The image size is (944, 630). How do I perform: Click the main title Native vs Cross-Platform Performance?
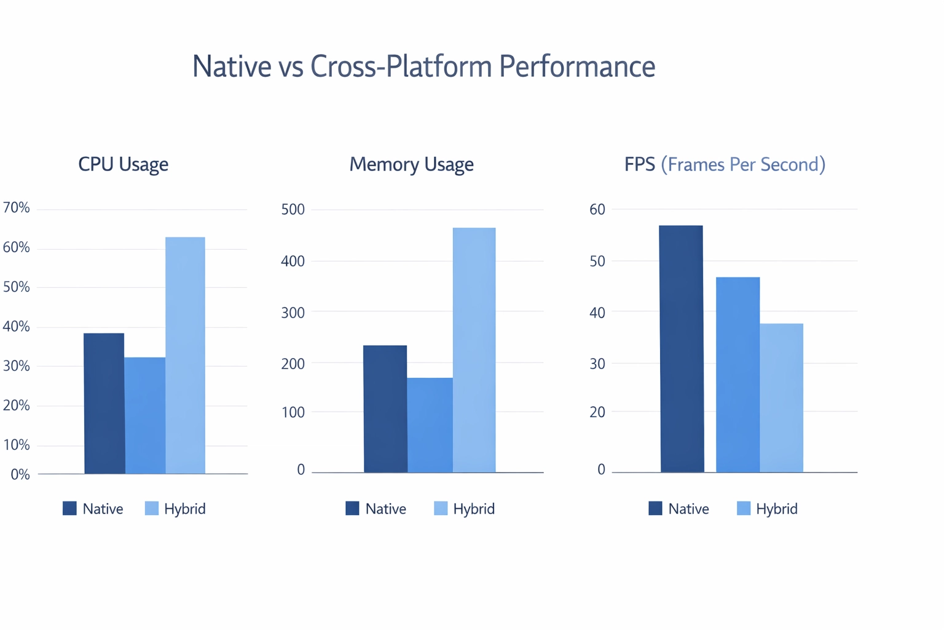pos(423,66)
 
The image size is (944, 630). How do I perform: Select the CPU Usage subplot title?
pos(123,164)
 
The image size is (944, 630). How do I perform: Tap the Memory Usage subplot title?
pos(411,164)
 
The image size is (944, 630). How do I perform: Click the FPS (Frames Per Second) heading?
pos(725,164)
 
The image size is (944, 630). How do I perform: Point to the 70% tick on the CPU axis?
pos(17,208)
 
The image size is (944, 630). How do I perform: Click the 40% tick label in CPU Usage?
pos(17,327)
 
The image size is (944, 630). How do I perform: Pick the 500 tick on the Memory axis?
pos(293,210)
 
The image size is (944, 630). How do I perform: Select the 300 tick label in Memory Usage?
pos(293,313)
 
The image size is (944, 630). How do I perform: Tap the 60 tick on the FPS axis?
pos(597,210)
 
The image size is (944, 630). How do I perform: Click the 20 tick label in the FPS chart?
pos(597,412)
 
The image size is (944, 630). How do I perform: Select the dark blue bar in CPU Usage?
pos(104,403)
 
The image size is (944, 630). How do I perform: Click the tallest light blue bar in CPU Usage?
pos(185,355)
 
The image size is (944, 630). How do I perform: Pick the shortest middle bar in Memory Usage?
pos(430,425)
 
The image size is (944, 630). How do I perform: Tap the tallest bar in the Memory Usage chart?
pos(474,350)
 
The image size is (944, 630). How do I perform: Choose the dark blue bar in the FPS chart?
pos(682,349)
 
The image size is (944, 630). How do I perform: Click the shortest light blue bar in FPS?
pos(781,397)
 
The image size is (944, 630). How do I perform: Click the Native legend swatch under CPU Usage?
pos(70,508)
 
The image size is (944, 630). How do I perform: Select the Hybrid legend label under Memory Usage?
pos(474,509)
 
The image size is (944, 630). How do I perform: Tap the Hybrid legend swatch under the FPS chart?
pos(744,508)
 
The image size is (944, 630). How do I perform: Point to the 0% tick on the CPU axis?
pos(20,475)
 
